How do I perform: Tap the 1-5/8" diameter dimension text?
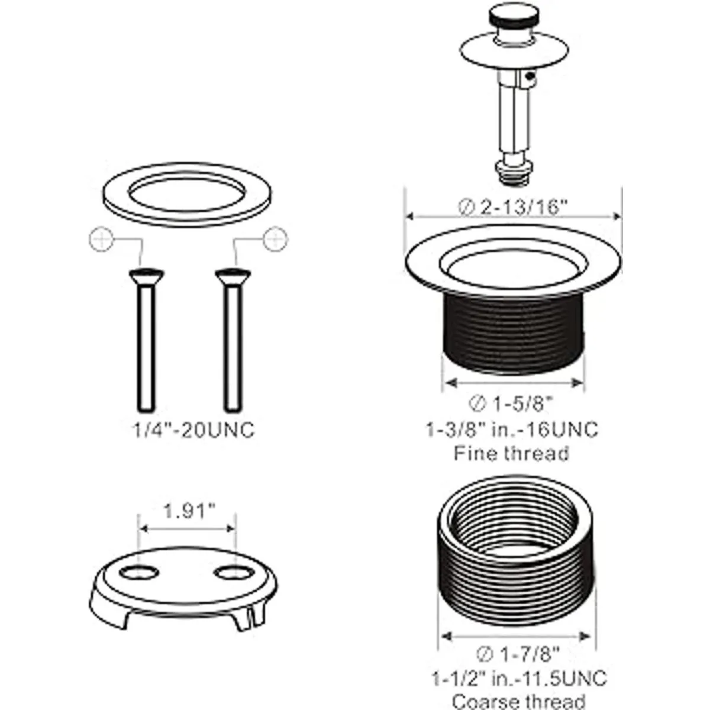[512, 404]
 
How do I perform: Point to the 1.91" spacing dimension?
[188, 511]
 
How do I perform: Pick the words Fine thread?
[512, 453]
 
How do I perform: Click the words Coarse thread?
[519, 701]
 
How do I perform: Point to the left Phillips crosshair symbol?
[101, 240]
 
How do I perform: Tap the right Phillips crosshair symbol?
[276, 240]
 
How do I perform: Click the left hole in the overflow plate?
[139, 573]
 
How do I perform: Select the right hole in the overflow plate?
[234, 573]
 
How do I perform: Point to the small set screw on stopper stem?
[530, 77]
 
